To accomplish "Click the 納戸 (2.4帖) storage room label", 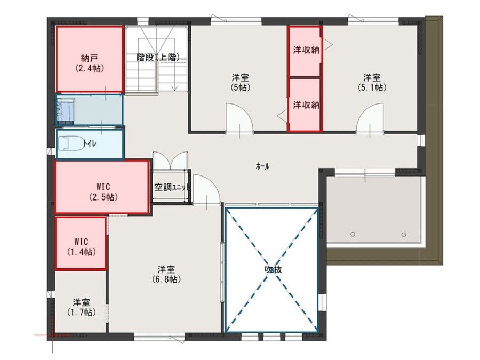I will click(90, 63).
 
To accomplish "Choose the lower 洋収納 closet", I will click(306, 105).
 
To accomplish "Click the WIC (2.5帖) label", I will click(103, 191).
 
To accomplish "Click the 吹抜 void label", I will click(273, 270).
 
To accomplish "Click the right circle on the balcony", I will click(404, 234).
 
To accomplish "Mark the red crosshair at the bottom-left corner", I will click(52, 335).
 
